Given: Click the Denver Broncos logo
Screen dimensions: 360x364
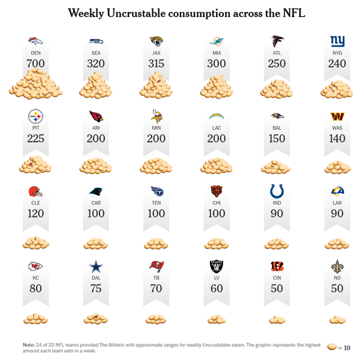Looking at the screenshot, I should click(36, 41).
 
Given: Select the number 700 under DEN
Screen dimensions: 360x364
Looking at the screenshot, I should click(36, 63).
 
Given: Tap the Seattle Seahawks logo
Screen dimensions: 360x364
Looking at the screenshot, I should click(96, 41).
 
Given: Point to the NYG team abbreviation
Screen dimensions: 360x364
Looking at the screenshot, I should click(337, 52).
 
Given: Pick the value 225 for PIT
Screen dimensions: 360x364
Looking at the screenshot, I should click(36, 138).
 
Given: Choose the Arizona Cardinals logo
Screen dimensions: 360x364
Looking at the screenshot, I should click(96, 116).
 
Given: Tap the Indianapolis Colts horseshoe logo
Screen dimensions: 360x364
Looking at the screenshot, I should click(277, 191).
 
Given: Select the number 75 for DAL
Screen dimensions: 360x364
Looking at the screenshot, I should click(96, 288).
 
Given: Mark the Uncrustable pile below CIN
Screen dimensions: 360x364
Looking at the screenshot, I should click(277, 319).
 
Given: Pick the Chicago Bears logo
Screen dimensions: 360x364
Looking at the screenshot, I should click(217, 191).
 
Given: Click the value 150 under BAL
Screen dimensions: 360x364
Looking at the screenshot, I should click(277, 138).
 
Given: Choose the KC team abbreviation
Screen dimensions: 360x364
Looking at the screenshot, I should click(36, 278).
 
